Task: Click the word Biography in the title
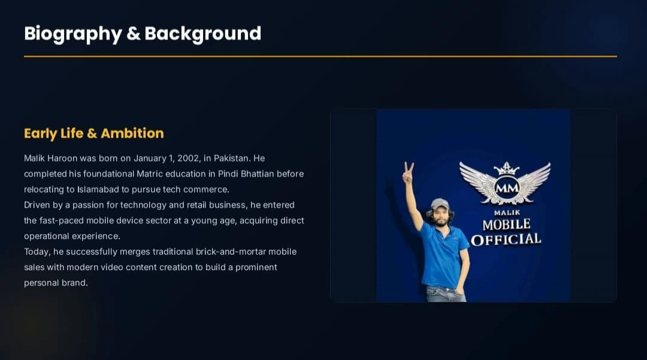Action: pyautogui.click(x=73, y=34)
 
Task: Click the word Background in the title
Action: pyautogui.click(x=203, y=34)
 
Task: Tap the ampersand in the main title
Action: pyautogui.click(x=133, y=34)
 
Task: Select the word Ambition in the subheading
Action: pyautogui.click(x=132, y=133)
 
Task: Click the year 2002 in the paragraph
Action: pyautogui.click(x=189, y=158)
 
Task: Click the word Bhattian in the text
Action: pyautogui.click(x=258, y=174)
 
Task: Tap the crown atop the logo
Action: pyautogui.click(x=507, y=168)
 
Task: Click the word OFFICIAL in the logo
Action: pyautogui.click(x=506, y=240)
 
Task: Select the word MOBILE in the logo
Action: pyautogui.click(x=506, y=225)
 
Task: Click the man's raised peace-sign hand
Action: pyautogui.click(x=408, y=173)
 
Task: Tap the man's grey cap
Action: pyautogui.click(x=440, y=204)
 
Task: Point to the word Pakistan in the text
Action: pyautogui.click(x=231, y=158)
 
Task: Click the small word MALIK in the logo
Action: pyautogui.click(x=507, y=213)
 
